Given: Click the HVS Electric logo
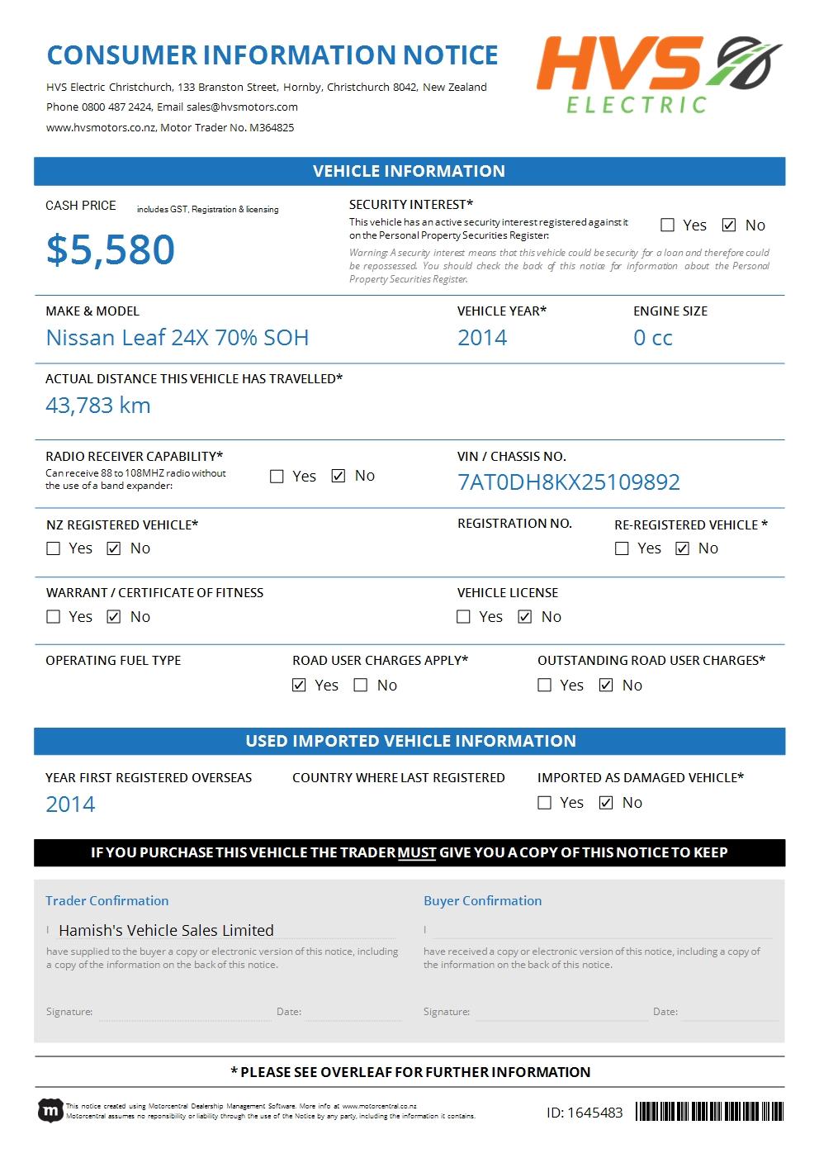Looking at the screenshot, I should point(659,74).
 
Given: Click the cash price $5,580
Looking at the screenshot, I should point(111,249).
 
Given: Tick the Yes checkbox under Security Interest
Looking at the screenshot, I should point(668,225).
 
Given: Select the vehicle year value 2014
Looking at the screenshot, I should point(482,338).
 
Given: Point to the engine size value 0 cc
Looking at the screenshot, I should point(652,338).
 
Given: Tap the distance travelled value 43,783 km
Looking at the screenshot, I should point(97,406).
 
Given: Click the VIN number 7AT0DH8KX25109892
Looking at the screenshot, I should point(568,482).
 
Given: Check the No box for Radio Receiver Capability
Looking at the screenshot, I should point(338,476).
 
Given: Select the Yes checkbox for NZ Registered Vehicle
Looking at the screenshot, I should point(54,548).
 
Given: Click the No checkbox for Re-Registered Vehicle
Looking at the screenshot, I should point(682,548).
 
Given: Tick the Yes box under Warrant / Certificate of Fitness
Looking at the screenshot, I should point(54,617).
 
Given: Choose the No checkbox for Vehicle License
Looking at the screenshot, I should point(525,617).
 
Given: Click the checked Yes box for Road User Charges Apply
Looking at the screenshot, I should point(300,686).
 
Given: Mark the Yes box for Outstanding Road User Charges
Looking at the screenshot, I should point(545,686).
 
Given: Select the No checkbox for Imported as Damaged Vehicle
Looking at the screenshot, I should point(606,803).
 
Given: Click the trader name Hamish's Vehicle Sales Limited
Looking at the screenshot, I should point(166,930).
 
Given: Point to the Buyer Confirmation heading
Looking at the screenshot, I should point(482,900).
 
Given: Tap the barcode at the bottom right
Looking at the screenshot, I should point(709,1111).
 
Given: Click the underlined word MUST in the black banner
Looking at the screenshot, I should point(416,852).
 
